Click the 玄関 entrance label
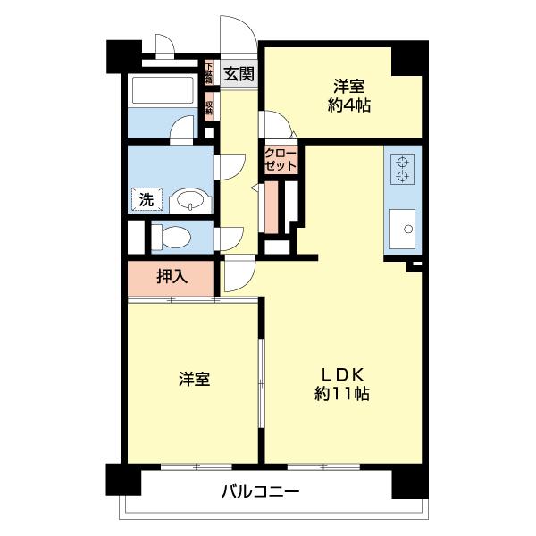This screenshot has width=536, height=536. [239, 73]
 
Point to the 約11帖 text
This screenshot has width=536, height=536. [342, 393]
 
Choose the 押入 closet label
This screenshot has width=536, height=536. [172, 276]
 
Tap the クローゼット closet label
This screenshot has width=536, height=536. [280, 159]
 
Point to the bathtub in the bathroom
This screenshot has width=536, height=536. [163, 91]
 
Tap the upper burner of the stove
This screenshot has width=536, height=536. [403, 162]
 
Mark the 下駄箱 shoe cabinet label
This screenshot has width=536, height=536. [208, 72]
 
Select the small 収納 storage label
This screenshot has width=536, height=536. [209, 107]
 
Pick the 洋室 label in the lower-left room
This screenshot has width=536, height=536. [194, 380]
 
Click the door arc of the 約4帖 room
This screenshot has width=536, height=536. [272, 122]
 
